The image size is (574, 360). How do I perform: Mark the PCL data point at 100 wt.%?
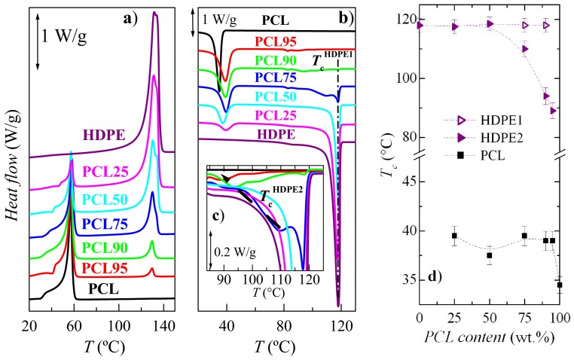(560, 285)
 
